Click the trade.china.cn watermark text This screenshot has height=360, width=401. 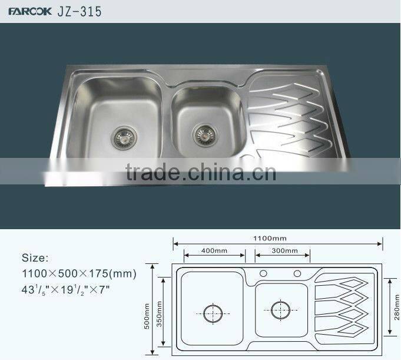tap(201, 173)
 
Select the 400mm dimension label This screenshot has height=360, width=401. tap(214, 250)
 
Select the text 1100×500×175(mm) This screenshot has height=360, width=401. tap(79, 273)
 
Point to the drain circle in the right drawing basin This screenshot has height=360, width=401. tap(280, 307)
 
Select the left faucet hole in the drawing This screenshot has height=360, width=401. tap(264, 273)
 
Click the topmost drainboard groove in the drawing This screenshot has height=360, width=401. tap(344, 281)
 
